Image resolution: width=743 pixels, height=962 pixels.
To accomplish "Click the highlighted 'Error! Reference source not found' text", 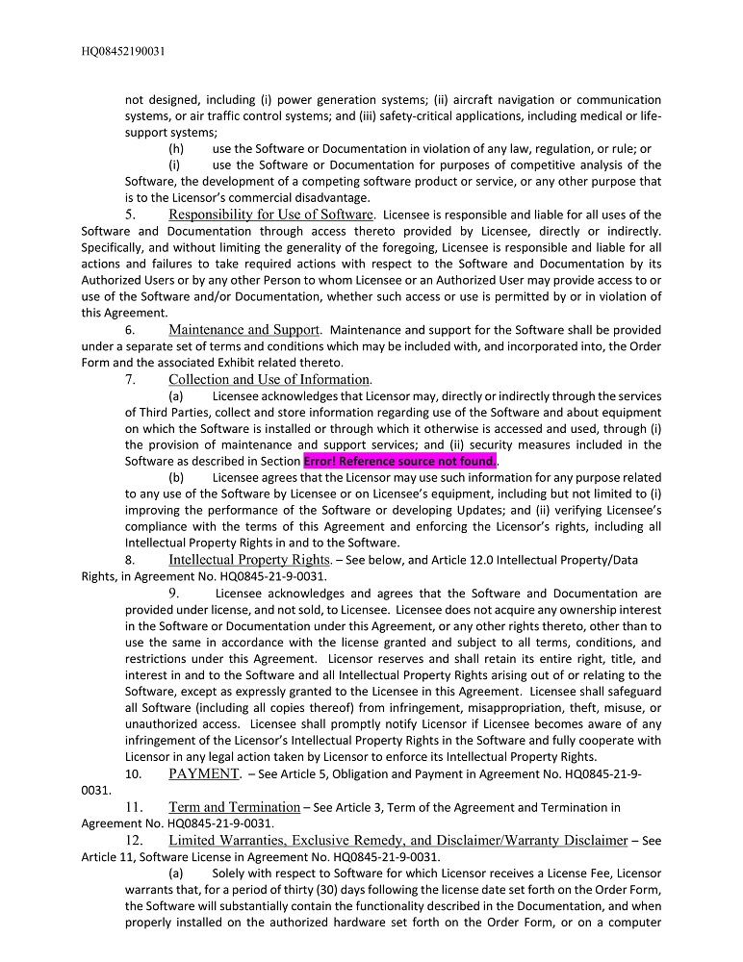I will tap(399, 461).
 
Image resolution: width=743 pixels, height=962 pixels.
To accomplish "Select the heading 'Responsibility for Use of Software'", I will tap(270, 215).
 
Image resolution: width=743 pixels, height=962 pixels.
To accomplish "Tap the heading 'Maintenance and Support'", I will tap(243, 330).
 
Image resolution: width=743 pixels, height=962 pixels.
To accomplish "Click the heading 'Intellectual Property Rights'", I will tap(249, 560).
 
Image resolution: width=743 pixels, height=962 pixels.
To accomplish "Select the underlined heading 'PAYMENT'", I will tap(204, 773).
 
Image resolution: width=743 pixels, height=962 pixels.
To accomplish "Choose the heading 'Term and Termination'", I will tap(234, 807).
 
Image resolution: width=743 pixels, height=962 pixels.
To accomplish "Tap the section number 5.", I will tap(130, 215).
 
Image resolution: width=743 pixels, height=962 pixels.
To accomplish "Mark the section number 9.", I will tap(174, 594).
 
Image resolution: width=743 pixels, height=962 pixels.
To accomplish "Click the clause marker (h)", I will tap(176, 149).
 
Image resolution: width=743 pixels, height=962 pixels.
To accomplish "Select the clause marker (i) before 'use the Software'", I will tap(175, 165).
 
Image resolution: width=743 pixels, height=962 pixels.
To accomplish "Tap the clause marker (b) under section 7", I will tap(176, 476).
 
